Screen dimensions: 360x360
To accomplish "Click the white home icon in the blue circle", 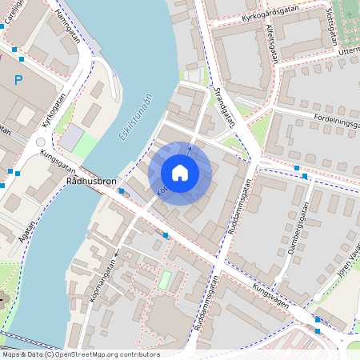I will coord(180,173).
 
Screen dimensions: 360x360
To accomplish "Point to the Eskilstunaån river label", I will coord(136,118).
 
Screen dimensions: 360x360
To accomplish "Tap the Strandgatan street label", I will coord(226,106).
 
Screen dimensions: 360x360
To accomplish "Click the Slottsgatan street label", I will coord(330,26).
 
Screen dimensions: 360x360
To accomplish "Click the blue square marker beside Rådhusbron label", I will coord(122,190).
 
